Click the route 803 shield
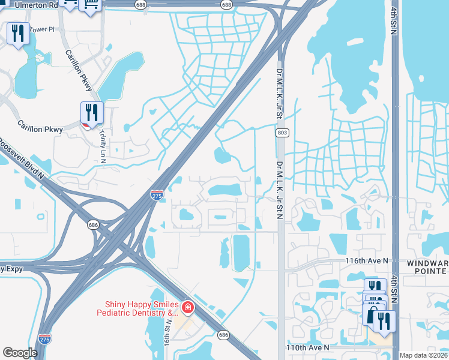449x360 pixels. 280,132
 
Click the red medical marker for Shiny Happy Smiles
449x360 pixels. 188,308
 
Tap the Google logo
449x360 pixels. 20,353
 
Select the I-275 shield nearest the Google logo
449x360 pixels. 44,338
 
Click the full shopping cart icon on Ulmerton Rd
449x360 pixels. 91,5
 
